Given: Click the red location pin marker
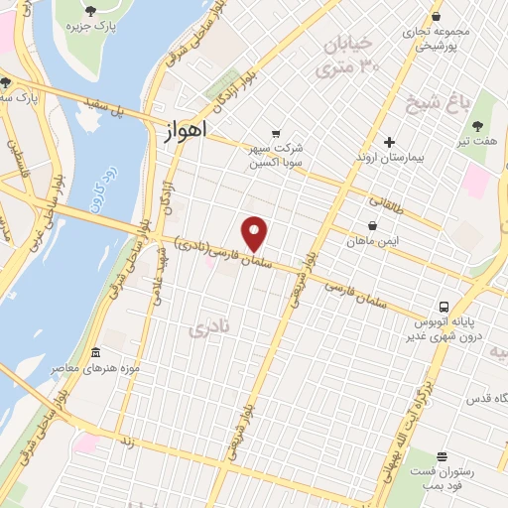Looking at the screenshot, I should [255, 233].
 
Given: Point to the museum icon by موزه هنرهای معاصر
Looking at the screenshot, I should [95, 353].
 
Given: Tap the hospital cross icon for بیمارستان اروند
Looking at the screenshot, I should [389, 142].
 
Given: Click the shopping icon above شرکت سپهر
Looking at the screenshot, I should [277, 134].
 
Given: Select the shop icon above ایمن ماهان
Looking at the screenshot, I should [372, 225].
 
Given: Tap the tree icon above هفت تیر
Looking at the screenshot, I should [479, 126].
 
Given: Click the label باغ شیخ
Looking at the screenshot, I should [434, 101].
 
